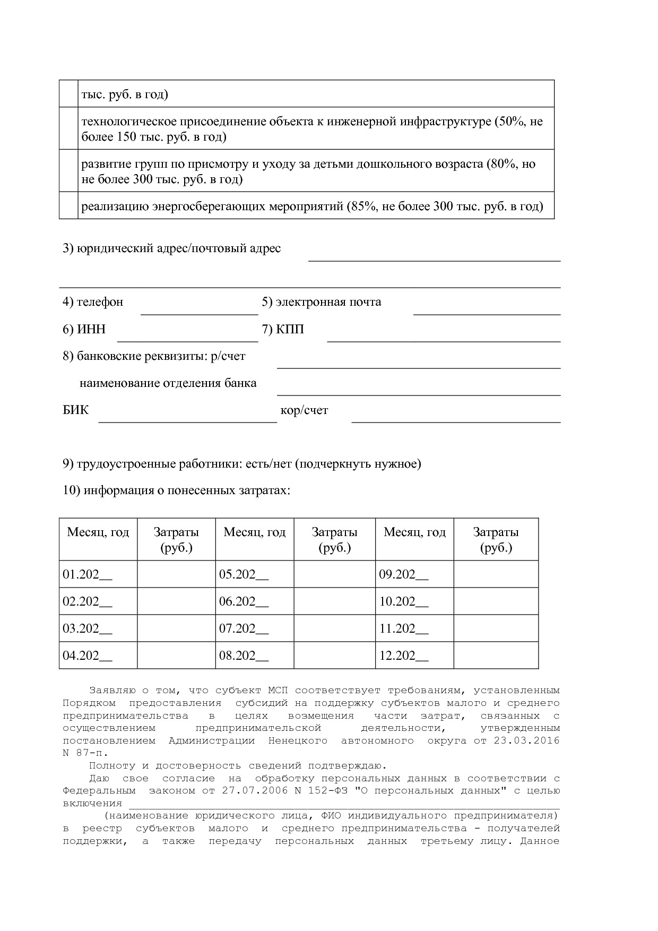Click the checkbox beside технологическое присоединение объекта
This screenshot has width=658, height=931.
coord(68,128)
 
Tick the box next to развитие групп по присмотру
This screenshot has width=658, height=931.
coord(68,171)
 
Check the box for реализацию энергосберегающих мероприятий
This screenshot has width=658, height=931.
coord(68,206)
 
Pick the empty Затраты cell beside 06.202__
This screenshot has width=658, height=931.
coord(334,601)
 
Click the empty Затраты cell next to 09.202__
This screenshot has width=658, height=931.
coord(496,574)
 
